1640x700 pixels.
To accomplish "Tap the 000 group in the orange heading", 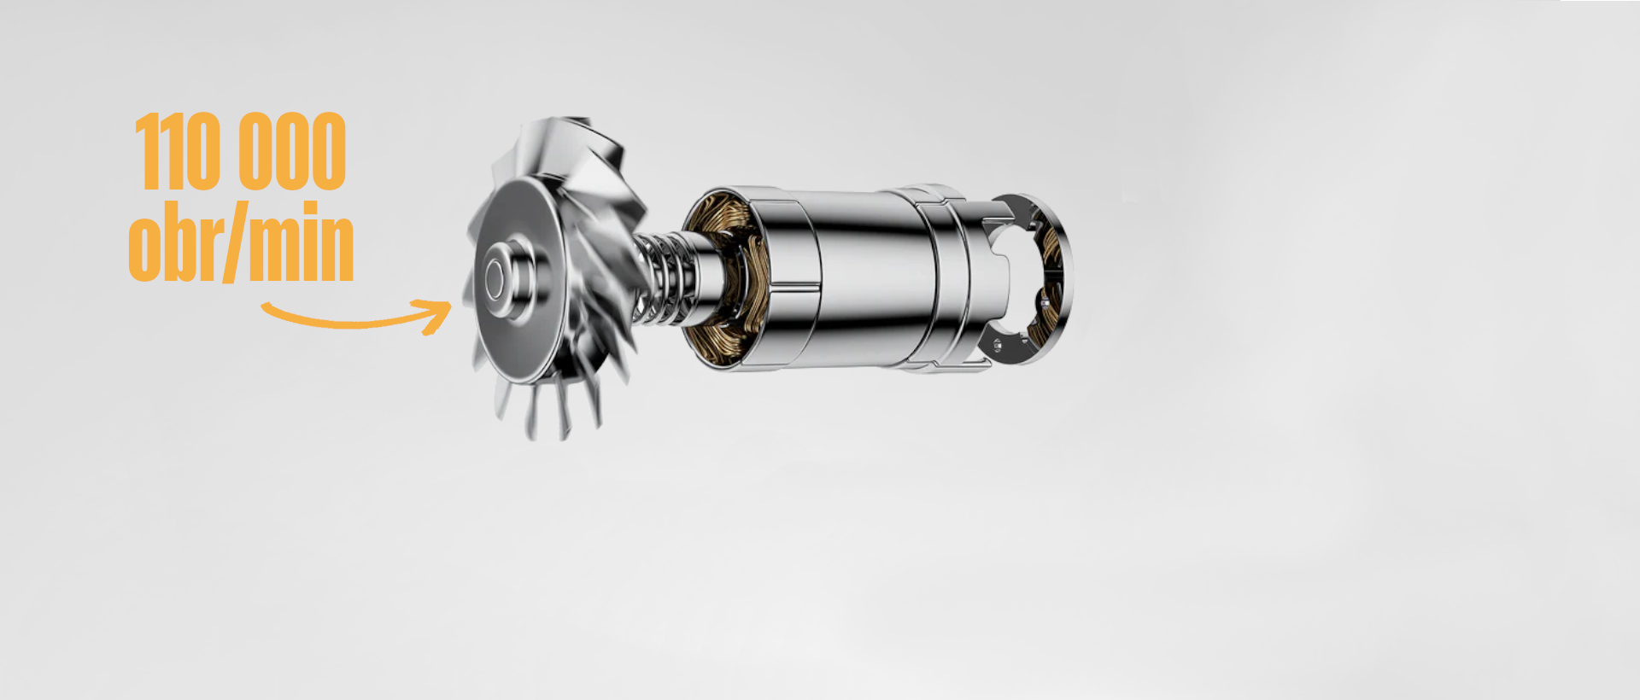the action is (x=293, y=151).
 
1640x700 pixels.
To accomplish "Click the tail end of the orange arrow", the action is (x=265, y=306).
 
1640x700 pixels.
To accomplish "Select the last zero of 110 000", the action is (x=329, y=151).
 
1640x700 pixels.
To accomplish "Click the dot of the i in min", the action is (x=308, y=209).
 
